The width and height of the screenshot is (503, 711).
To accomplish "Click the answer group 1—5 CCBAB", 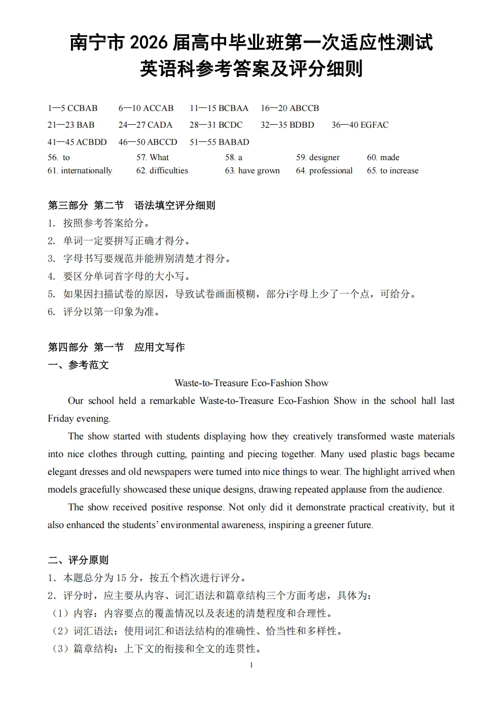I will (73, 108).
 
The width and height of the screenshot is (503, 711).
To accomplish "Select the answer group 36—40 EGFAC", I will (360, 125).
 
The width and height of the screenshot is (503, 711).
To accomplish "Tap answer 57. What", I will (153, 158).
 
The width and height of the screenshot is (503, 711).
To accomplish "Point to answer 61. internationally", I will (80, 171).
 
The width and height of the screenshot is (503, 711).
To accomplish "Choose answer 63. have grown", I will (253, 171).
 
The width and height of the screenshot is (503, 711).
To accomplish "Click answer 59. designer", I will (318, 158).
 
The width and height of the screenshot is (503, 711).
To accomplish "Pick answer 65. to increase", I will (393, 171).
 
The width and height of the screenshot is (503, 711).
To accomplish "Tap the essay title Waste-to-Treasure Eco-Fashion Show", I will (251, 383).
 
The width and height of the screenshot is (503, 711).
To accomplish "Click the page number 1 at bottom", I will (251, 665).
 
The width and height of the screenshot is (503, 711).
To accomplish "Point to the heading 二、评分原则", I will (78, 560).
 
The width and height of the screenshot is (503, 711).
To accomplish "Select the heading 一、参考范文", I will (78, 365).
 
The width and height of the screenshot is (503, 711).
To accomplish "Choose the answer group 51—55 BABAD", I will (220, 142).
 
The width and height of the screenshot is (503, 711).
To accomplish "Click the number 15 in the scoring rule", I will (121, 578).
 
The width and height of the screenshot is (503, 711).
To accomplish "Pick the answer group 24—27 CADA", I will (146, 125).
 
